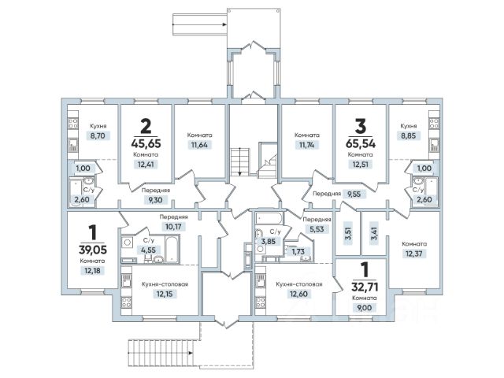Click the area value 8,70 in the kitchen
pos(98,135)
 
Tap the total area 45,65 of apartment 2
pos(146,143)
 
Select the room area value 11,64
pos(199,145)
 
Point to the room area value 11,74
pos(306,145)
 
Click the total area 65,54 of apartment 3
pos(361,143)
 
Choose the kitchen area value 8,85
pos(408,135)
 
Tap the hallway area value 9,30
pos(155,200)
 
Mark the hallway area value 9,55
pos(354,194)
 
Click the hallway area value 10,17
pos(173,227)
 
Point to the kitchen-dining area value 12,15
pos(165,294)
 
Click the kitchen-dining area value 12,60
pos(299,294)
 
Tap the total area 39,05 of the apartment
pos(93,250)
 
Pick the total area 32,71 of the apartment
pos(365,287)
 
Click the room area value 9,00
pos(365,308)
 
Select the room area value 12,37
pos(414,254)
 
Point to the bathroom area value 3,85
pos(269,241)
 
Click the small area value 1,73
pos(298,251)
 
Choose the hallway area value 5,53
pos(317,229)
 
